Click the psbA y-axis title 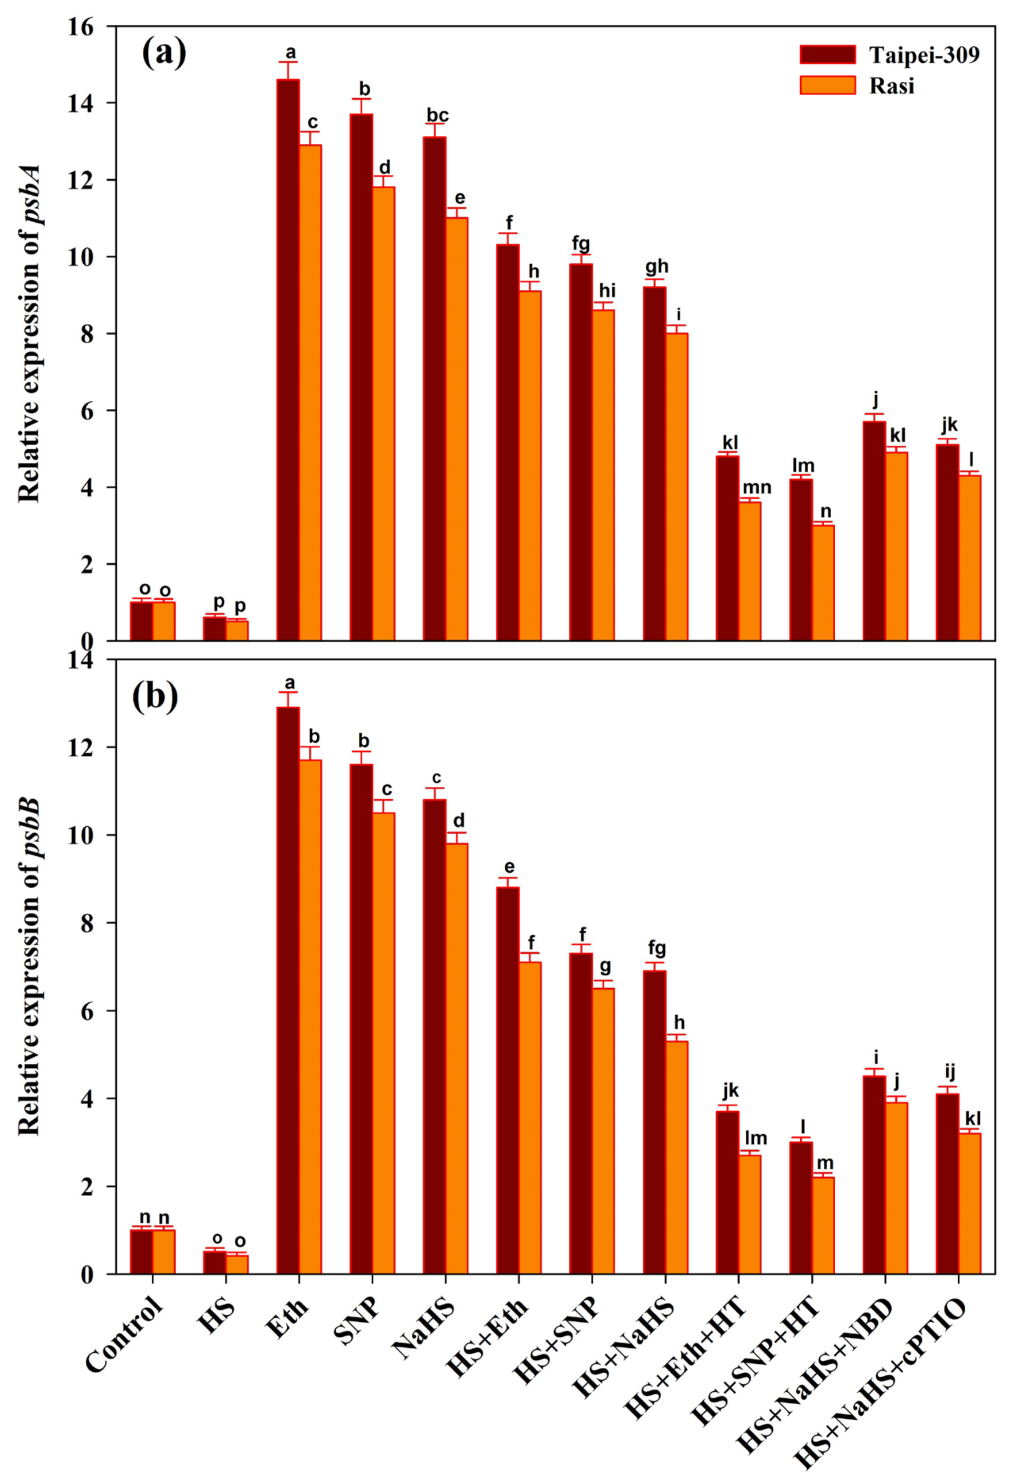click(29, 333)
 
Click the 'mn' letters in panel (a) click(756, 488)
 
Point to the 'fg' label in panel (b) click(657, 949)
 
